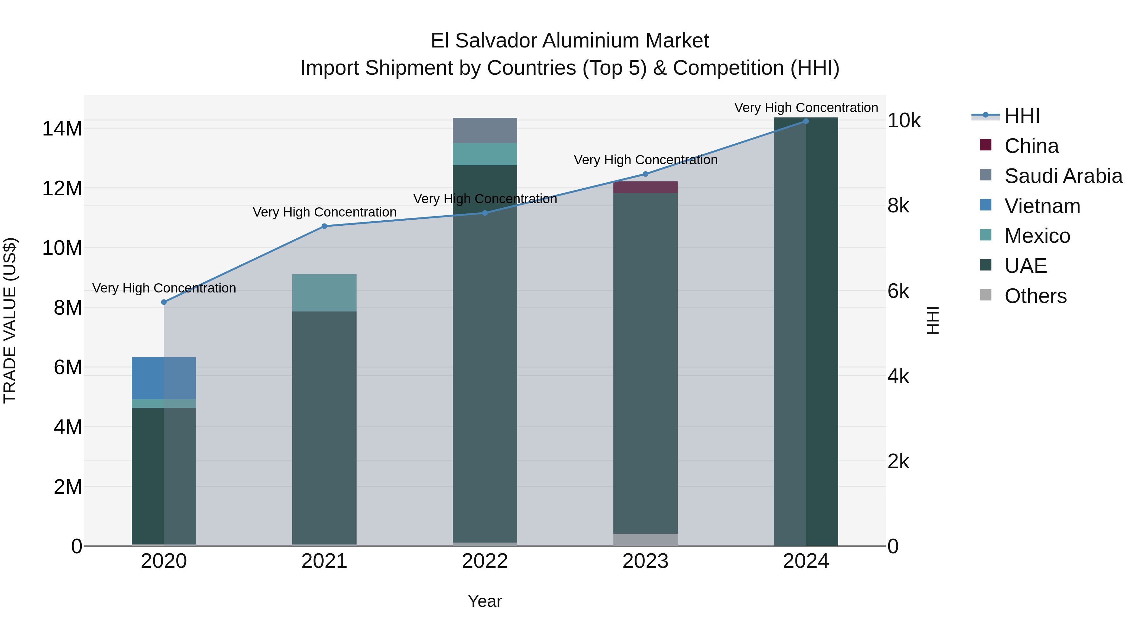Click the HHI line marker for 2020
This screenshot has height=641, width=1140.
click(x=164, y=302)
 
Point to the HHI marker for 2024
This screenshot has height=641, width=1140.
click(x=806, y=121)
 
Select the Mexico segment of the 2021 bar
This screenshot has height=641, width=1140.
click(x=324, y=292)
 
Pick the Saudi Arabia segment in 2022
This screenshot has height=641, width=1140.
click(x=485, y=130)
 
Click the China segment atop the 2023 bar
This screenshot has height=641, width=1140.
click(x=645, y=187)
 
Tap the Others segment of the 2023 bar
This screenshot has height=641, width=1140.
click(x=645, y=539)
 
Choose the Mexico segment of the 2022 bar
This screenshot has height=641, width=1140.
click(x=485, y=154)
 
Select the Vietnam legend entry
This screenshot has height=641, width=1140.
click(x=1042, y=206)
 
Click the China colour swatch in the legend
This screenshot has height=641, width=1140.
click(x=985, y=145)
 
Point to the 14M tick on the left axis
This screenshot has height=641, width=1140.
click(x=62, y=129)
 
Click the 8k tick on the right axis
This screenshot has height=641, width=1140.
click(x=898, y=206)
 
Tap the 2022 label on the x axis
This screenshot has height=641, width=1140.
click(x=485, y=561)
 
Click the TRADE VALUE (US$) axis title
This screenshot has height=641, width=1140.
click(x=10, y=320)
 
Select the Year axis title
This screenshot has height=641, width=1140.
click(x=485, y=601)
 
